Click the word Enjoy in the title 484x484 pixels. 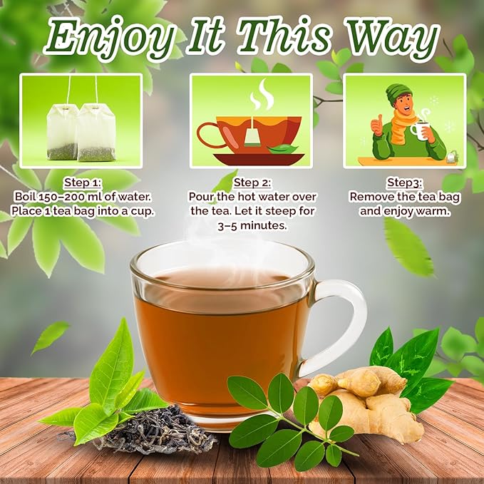[108, 38]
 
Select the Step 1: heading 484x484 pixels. [83, 182]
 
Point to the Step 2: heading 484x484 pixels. [252, 182]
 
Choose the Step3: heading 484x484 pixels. [404, 182]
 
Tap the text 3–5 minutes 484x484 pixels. [252, 226]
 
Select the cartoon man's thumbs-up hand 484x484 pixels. [376, 125]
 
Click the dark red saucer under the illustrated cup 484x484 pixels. [259, 159]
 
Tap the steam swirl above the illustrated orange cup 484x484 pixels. [262, 94]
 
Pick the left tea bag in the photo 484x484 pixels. [62, 132]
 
